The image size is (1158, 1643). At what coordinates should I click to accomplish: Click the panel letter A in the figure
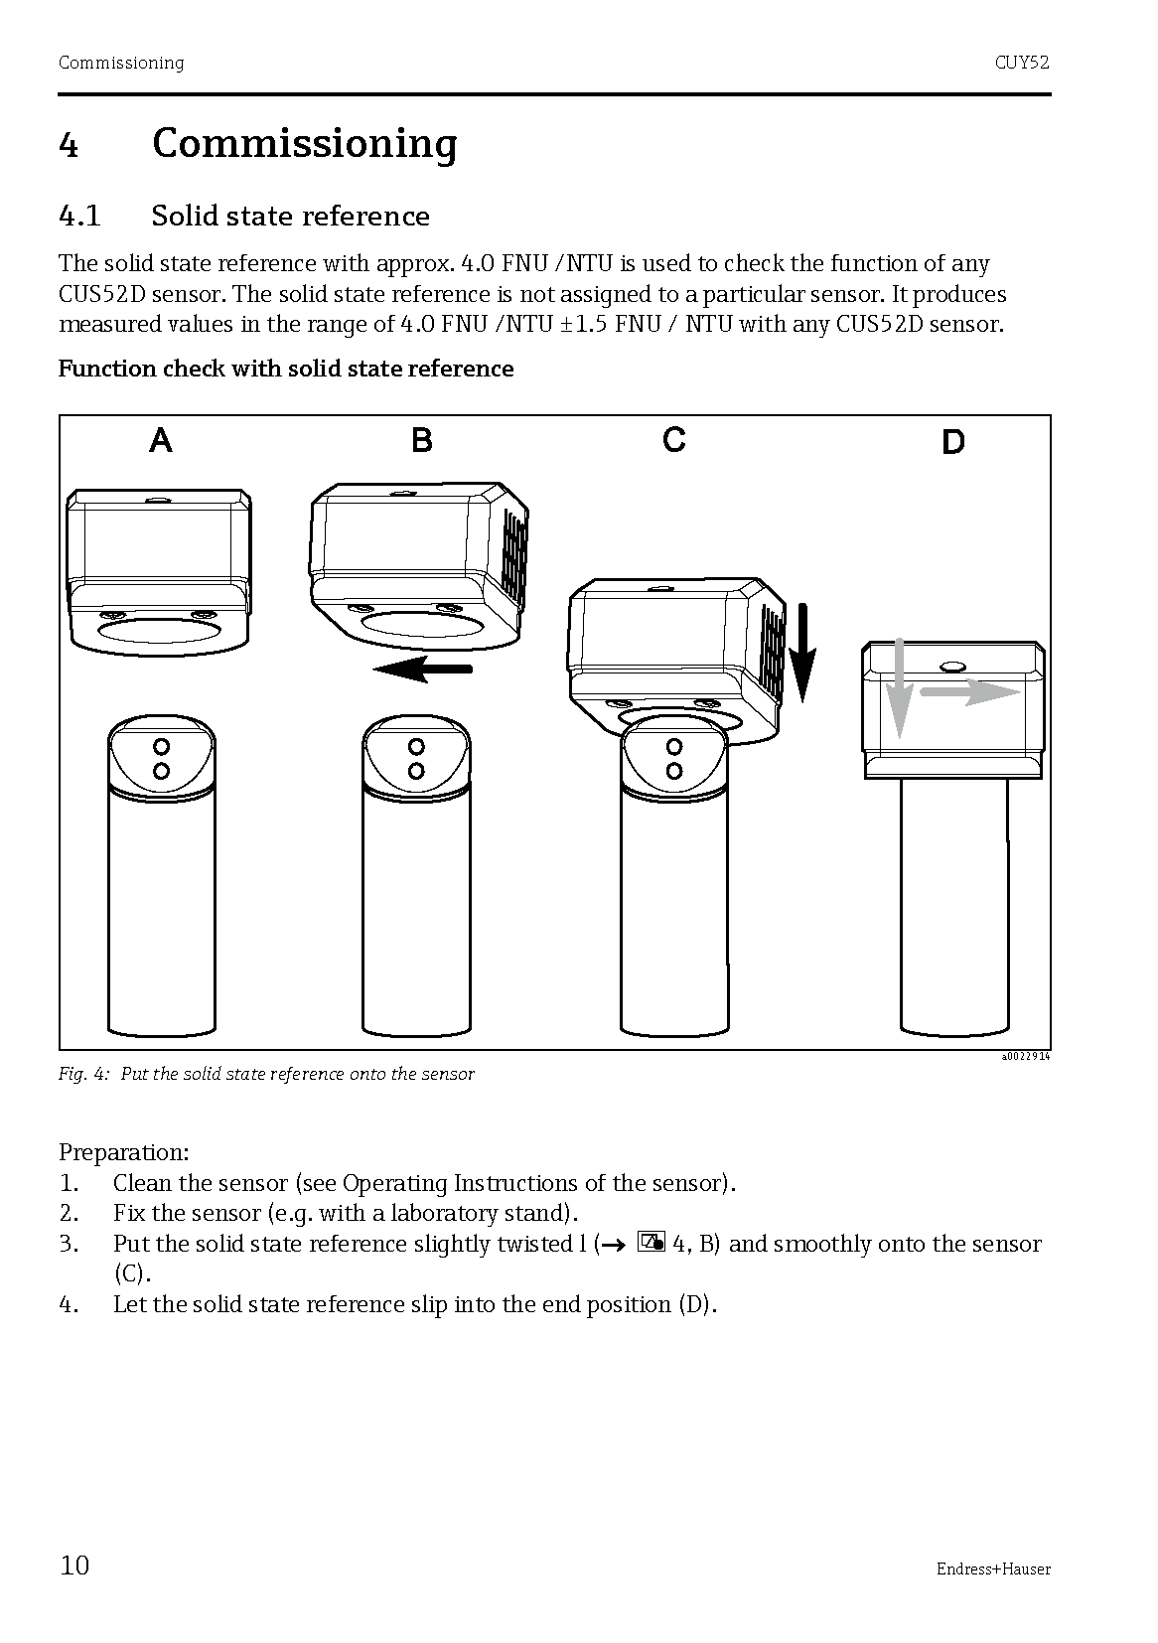pyautogui.click(x=161, y=439)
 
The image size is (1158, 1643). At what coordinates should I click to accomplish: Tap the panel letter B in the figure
pyautogui.click(x=422, y=439)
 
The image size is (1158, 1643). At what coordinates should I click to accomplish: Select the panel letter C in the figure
pyautogui.click(x=674, y=439)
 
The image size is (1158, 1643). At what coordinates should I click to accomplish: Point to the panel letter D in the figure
pyautogui.click(x=952, y=442)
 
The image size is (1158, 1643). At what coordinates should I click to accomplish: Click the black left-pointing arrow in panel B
pyautogui.click(x=422, y=670)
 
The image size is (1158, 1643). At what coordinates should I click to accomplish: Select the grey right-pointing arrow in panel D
pyautogui.click(x=968, y=692)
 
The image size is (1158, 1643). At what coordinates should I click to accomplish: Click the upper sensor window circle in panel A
pyautogui.click(x=161, y=746)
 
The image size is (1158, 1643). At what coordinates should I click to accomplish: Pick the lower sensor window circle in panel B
pyautogui.click(x=417, y=771)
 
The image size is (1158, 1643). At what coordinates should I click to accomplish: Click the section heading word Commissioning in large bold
pyautogui.click(x=304, y=144)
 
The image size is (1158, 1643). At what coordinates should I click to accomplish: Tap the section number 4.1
pyautogui.click(x=79, y=217)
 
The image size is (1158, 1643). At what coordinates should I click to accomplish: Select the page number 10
pyautogui.click(x=74, y=1567)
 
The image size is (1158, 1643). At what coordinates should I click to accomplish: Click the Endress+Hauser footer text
pyautogui.click(x=992, y=1569)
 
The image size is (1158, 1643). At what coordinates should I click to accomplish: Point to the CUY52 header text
pyautogui.click(x=1022, y=63)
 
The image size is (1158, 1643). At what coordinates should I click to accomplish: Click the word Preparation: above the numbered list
pyautogui.click(x=123, y=1152)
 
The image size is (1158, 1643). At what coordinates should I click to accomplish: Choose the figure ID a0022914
pyautogui.click(x=1025, y=1056)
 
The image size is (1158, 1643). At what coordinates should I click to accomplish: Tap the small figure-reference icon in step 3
pyautogui.click(x=651, y=1243)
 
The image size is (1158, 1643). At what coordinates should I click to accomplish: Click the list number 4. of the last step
pyautogui.click(x=69, y=1304)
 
